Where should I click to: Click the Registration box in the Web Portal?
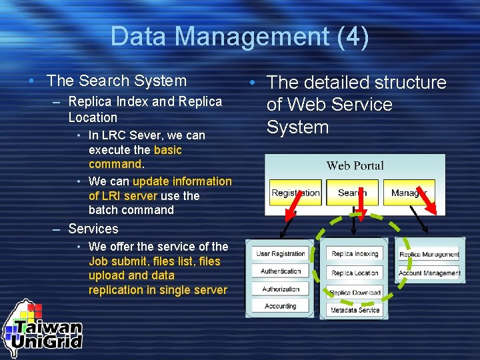[x=295, y=193]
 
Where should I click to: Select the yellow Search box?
[x=352, y=193]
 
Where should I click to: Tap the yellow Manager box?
[x=409, y=193]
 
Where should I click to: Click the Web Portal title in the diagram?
[x=355, y=165]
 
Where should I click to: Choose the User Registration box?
[x=281, y=254]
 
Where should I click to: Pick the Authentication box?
[x=281, y=271]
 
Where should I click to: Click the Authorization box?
[x=281, y=289]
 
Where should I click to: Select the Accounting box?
[x=281, y=306]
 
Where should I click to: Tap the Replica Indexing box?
[x=355, y=254]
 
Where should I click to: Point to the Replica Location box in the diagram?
[x=355, y=273]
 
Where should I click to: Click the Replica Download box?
[x=355, y=292]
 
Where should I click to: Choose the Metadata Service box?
[x=355, y=310]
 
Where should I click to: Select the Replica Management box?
[x=429, y=254]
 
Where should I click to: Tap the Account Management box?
[x=429, y=273]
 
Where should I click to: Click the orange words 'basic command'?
[x=135, y=157]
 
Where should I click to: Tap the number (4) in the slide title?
[x=353, y=37]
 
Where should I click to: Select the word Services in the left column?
[x=93, y=229]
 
